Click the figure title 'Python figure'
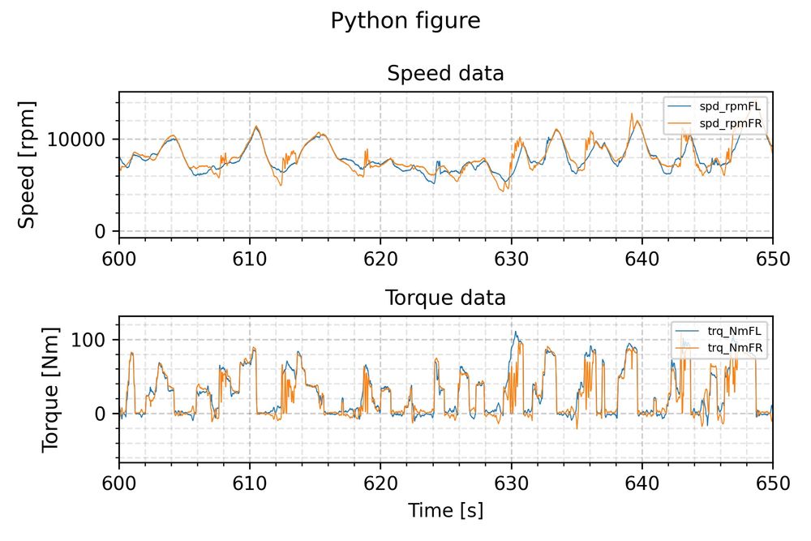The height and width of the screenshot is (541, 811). [x=405, y=21]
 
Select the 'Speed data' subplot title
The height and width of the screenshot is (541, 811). [x=445, y=74]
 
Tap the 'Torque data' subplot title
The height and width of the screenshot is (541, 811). [x=445, y=298]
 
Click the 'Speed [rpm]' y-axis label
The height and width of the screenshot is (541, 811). [x=28, y=165]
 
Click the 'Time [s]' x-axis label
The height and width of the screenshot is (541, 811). [x=445, y=510]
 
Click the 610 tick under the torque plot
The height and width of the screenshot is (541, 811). [x=250, y=483]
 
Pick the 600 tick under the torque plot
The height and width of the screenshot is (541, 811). [x=119, y=483]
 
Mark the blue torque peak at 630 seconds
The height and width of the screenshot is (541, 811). [x=513, y=333]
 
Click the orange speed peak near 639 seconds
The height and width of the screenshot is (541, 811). [x=631, y=114]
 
